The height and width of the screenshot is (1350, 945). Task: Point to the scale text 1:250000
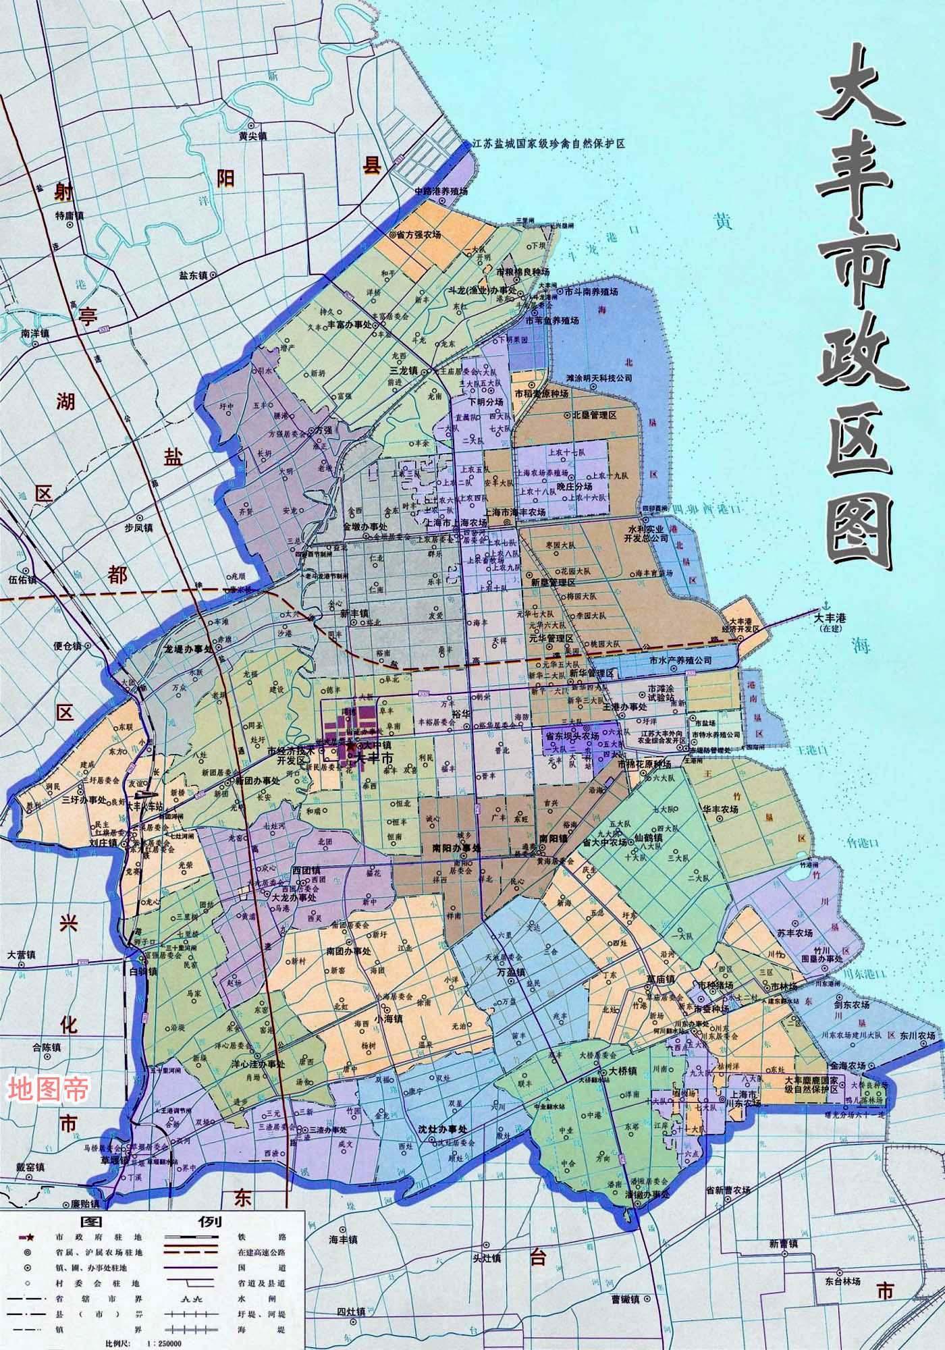coord(164,1344)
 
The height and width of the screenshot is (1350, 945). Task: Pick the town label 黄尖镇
coord(253,136)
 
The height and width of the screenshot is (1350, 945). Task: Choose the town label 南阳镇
coord(553,837)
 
